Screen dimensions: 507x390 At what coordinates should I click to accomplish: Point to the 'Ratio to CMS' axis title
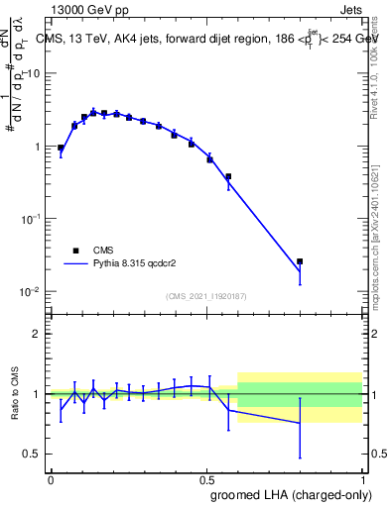[x=15, y=394]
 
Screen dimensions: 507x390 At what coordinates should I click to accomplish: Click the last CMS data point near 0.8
[x=300, y=261]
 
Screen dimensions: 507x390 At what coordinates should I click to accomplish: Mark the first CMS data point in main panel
[x=61, y=148]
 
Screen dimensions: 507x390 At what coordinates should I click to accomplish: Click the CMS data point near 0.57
[x=228, y=176]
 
